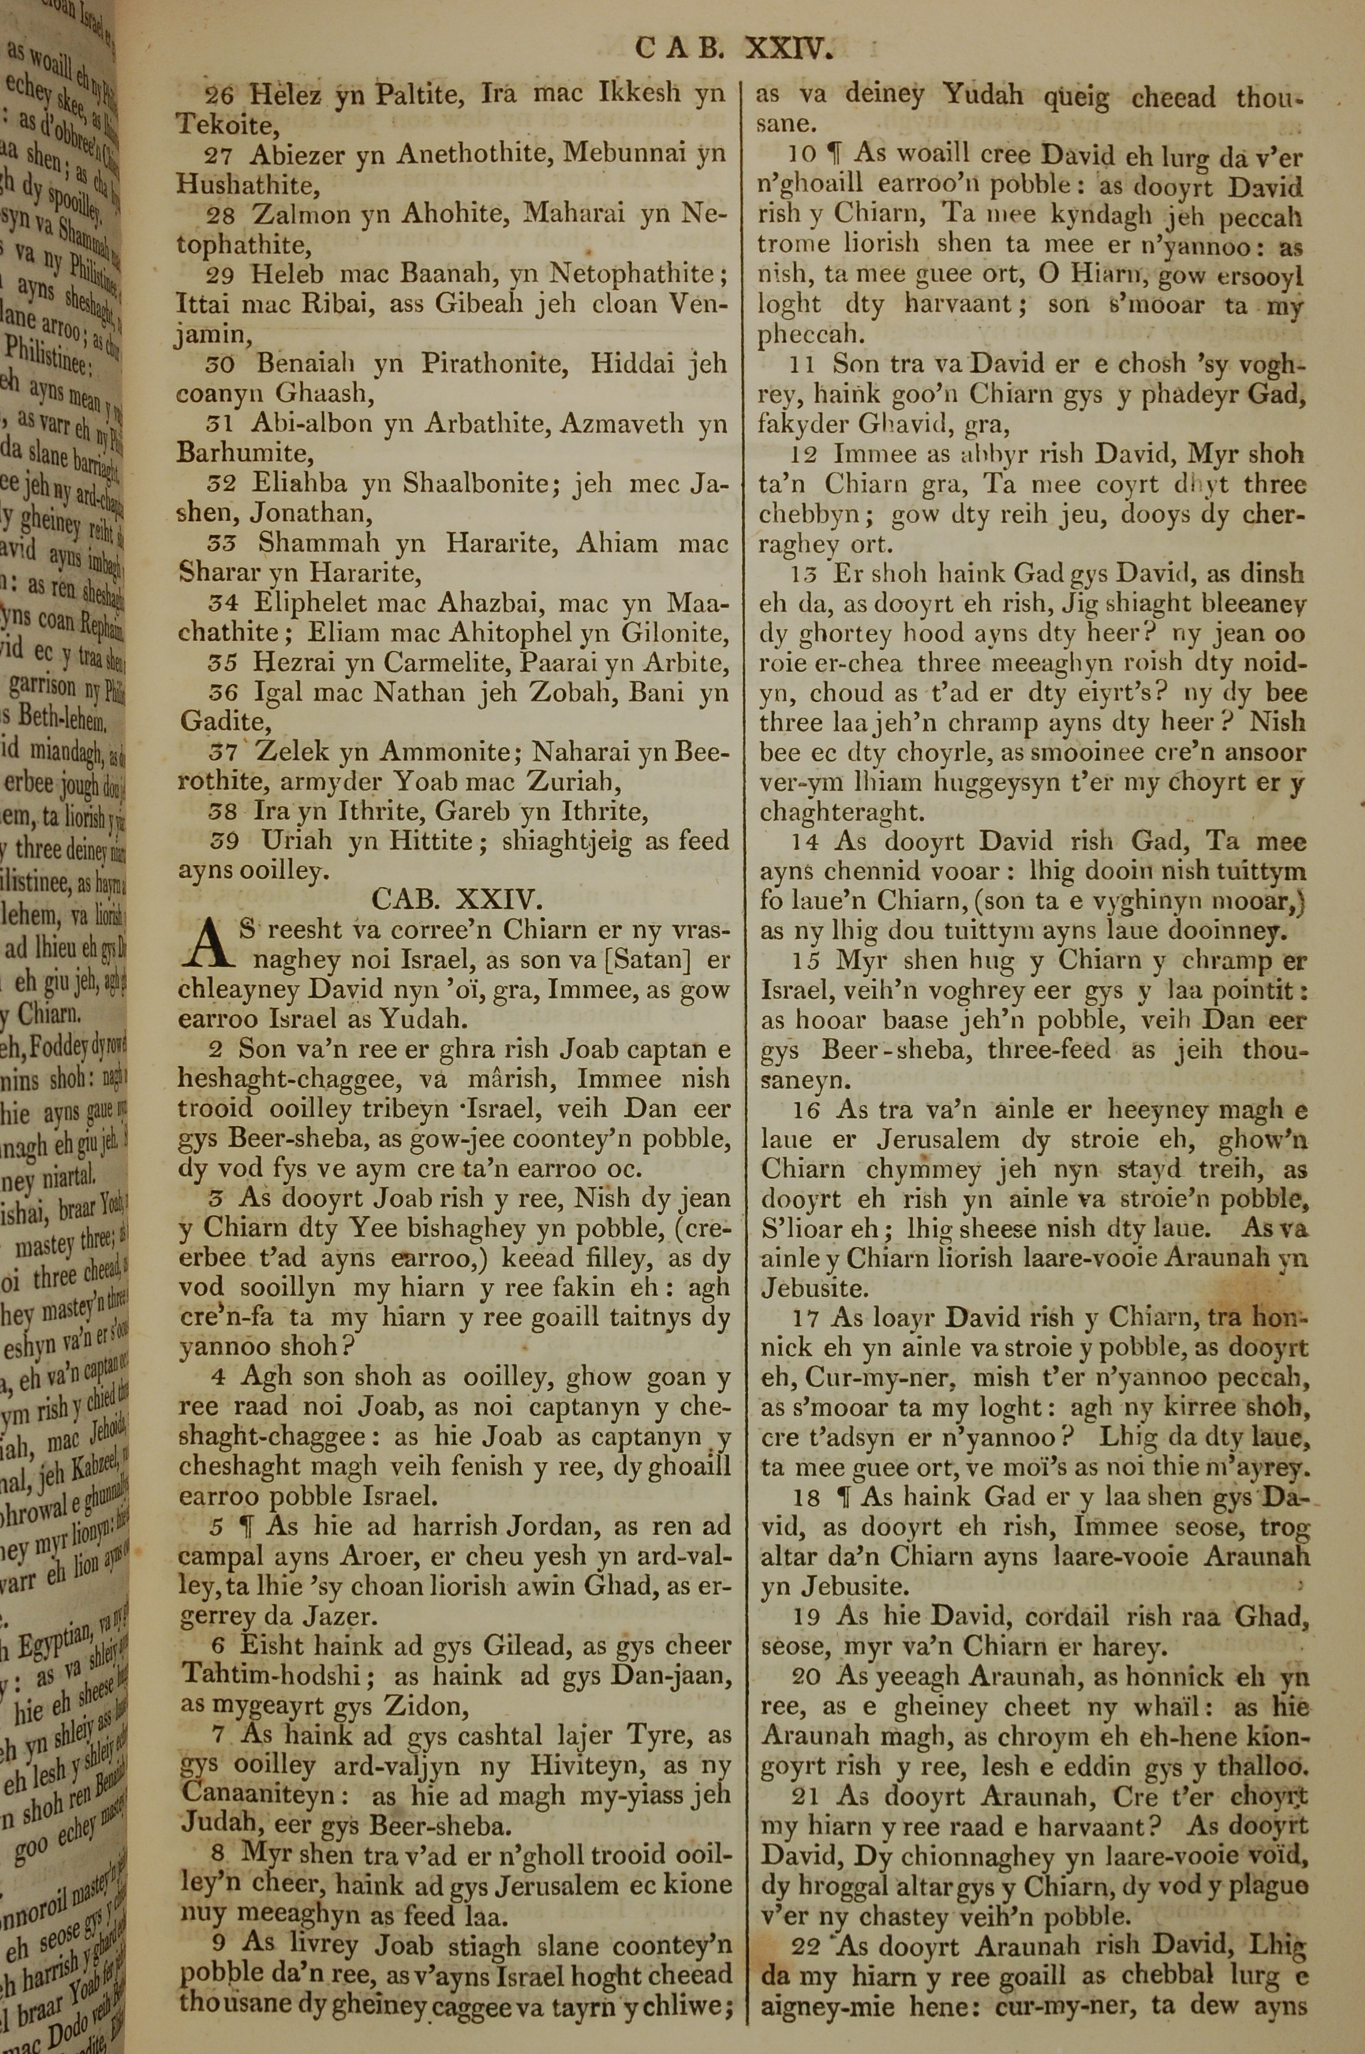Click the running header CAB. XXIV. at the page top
(x=735, y=48)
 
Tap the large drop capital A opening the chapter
(x=205, y=946)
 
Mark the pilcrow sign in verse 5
(x=250, y=1526)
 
